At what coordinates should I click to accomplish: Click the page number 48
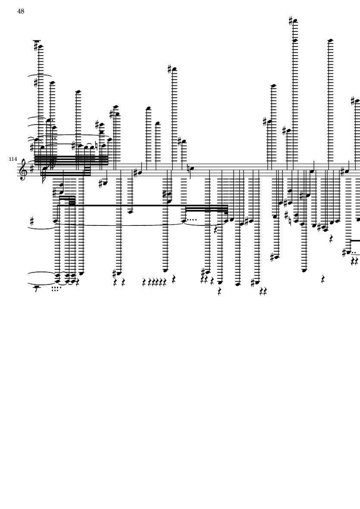21,11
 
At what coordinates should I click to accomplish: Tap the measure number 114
13,159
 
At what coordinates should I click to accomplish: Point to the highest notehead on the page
295,22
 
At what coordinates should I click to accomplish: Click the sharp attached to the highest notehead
291,21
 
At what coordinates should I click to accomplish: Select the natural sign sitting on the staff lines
189,168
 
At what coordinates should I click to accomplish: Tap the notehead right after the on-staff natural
192,169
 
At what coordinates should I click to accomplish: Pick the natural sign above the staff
97,145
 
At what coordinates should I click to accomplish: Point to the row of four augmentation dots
192,220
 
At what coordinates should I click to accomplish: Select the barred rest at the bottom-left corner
36,288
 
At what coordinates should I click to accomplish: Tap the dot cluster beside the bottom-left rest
56,289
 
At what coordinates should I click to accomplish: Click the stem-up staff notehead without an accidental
312,171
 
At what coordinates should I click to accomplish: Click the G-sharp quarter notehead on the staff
140,173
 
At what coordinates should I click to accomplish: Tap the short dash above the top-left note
37,41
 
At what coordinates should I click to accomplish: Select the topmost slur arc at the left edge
40,75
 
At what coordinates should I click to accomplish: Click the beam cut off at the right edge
355,240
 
